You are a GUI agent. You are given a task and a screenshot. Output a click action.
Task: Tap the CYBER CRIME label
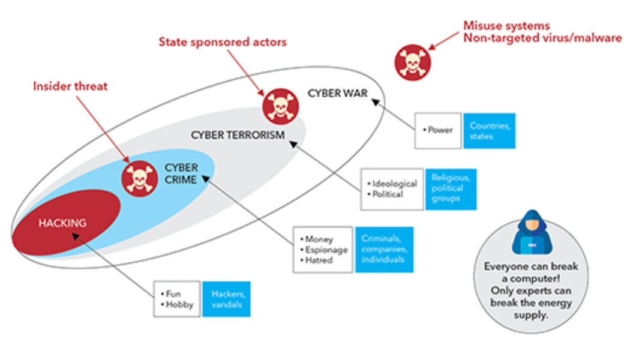click(181, 173)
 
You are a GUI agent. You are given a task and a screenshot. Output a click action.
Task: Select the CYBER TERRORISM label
click(238, 135)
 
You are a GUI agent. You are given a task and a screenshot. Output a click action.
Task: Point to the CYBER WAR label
click(337, 94)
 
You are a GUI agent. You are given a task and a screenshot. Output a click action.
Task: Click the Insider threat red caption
click(70, 86)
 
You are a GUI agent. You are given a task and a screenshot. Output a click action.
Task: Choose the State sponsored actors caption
click(222, 42)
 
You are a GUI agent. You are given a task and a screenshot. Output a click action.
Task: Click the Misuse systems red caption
click(542, 32)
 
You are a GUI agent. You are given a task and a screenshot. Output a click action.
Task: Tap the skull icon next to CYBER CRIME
click(140, 179)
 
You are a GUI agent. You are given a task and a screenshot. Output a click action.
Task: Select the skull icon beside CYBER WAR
click(280, 106)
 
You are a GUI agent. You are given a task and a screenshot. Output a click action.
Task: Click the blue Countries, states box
click(492, 131)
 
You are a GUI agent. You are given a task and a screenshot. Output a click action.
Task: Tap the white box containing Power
click(438, 130)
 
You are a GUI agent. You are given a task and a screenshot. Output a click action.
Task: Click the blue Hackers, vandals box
click(226, 299)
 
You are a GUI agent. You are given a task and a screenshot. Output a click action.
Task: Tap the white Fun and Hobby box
click(176, 299)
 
